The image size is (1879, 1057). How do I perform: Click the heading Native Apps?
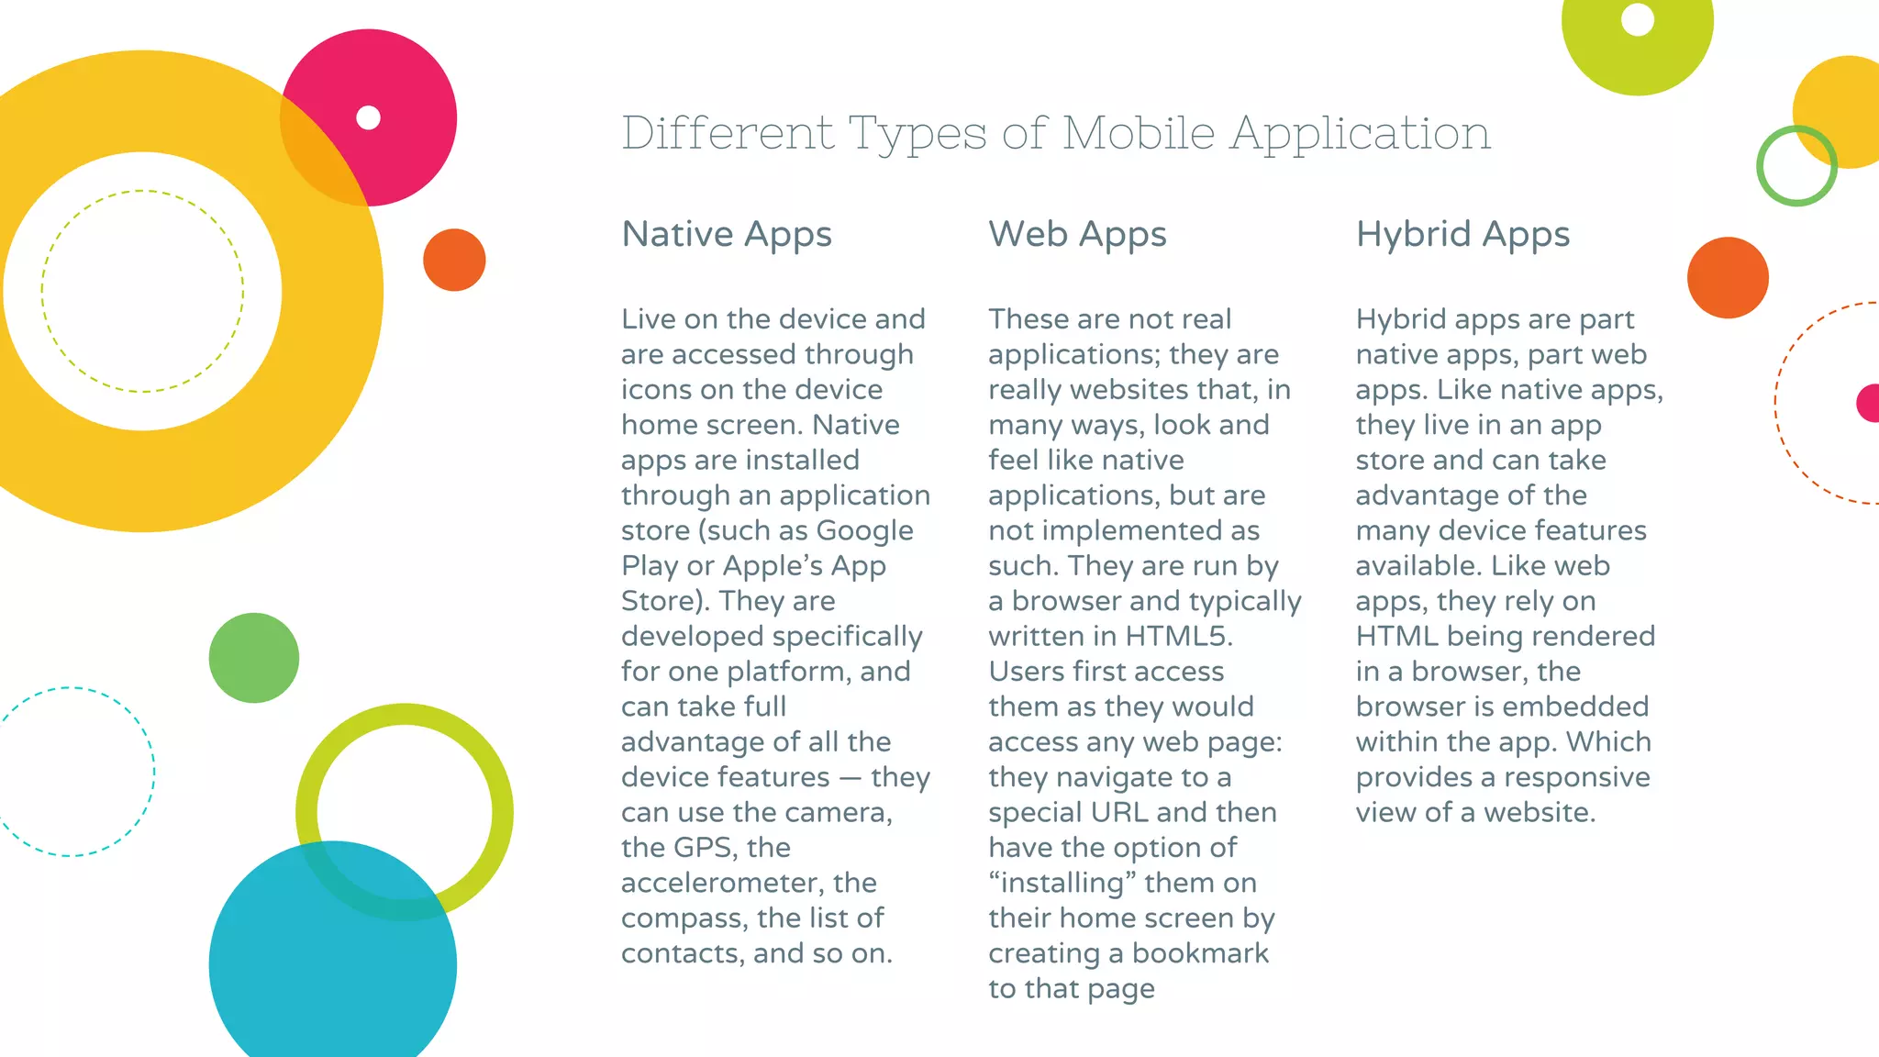[727, 235]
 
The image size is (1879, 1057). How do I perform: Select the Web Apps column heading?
[1077, 235]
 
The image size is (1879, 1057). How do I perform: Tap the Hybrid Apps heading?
[1462, 235]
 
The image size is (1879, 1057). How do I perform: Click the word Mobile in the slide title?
[1139, 133]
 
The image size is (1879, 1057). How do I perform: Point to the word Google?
[864, 531]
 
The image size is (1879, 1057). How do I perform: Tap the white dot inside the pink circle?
[368, 117]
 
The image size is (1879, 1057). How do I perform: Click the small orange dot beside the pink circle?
[454, 260]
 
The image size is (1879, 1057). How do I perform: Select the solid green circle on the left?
[254, 658]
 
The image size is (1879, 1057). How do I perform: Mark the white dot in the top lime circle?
[1638, 19]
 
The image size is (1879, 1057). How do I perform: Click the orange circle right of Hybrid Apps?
[1728, 278]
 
